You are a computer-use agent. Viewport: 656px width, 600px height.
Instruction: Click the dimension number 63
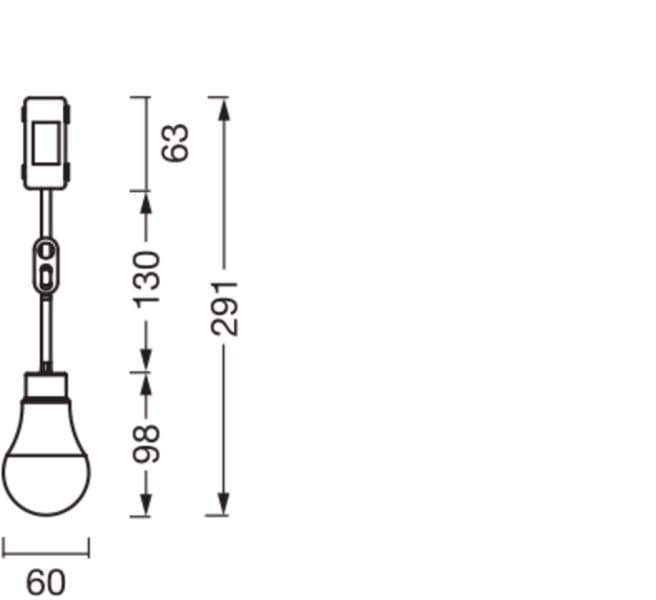[175, 143]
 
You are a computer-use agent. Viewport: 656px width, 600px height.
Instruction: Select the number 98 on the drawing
[146, 444]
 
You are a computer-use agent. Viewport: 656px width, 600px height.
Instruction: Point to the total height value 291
[225, 309]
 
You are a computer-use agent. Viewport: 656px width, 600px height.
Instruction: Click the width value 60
[46, 582]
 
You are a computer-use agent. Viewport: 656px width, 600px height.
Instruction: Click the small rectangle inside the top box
[46, 143]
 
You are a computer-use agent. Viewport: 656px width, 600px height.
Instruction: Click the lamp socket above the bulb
[46, 386]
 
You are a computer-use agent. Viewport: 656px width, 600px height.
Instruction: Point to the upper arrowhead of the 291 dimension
[225, 110]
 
